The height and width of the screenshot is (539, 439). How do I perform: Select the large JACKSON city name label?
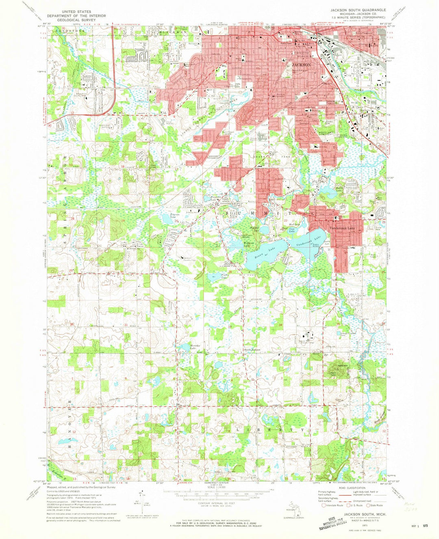(x=301, y=65)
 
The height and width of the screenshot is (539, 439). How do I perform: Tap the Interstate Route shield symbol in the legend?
(x=324, y=505)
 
